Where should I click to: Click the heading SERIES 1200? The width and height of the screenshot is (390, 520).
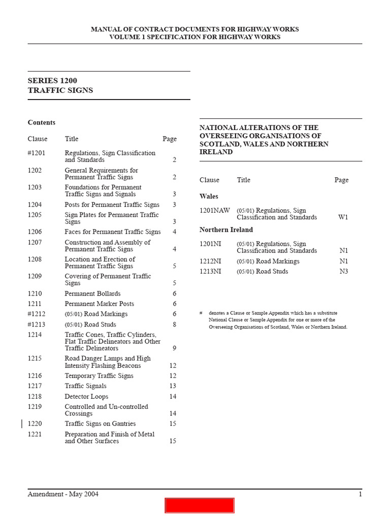(52, 80)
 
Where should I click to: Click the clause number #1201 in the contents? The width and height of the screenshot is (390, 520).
(37, 153)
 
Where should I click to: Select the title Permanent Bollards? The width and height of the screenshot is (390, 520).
(92, 294)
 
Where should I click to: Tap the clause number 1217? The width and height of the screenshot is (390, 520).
(35, 386)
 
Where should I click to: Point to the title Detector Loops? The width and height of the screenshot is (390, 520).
(86, 397)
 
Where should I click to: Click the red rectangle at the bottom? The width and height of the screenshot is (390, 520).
(199, 505)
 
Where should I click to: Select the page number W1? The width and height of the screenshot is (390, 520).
(343, 217)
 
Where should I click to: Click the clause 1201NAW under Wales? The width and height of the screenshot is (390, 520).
(214, 210)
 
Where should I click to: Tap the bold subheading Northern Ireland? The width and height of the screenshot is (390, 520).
(226, 230)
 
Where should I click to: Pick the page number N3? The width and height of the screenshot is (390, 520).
(344, 272)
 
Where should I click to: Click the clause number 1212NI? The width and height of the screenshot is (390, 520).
(210, 261)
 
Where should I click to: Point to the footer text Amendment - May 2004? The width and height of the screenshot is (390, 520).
(63, 495)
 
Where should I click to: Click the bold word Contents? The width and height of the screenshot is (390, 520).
(42, 122)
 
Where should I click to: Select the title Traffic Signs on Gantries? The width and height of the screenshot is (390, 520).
(100, 424)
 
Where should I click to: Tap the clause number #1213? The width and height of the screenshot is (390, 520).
(37, 324)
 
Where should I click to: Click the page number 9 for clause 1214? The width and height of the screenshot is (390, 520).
(174, 348)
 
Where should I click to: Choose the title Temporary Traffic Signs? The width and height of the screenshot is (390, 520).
(99, 376)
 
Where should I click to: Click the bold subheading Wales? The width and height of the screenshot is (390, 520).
(209, 197)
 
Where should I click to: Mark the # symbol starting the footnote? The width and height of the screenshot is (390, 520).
(202, 313)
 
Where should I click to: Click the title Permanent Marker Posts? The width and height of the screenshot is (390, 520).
(99, 304)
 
